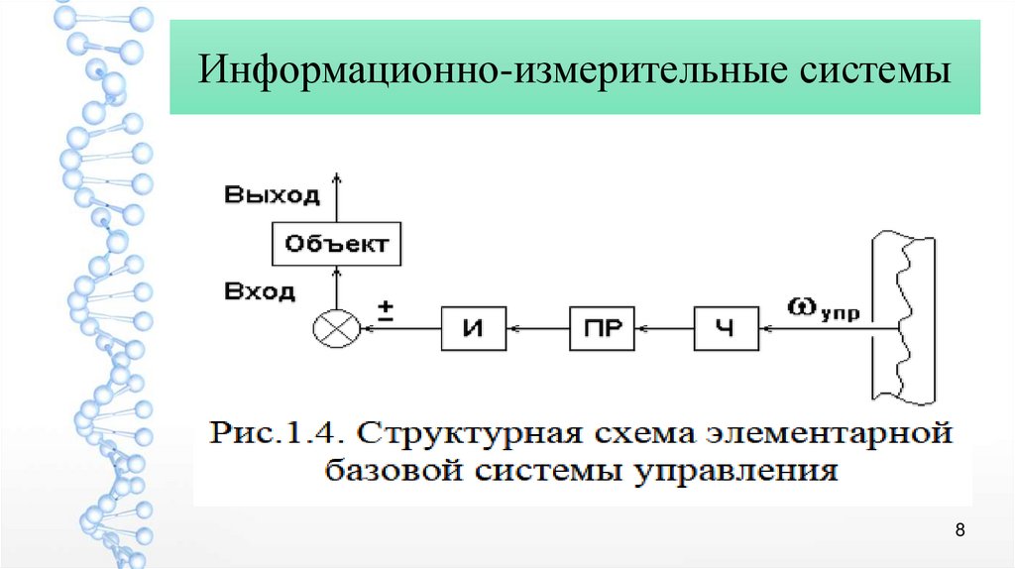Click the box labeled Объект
(337, 244)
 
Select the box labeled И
(474, 327)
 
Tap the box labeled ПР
(603, 327)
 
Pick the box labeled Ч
(726, 327)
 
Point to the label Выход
(272, 194)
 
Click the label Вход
(260, 292)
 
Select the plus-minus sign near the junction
(387, 313)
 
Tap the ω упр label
(825, 309)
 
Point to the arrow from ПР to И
(538, 328)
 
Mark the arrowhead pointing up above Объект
(337, 178)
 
